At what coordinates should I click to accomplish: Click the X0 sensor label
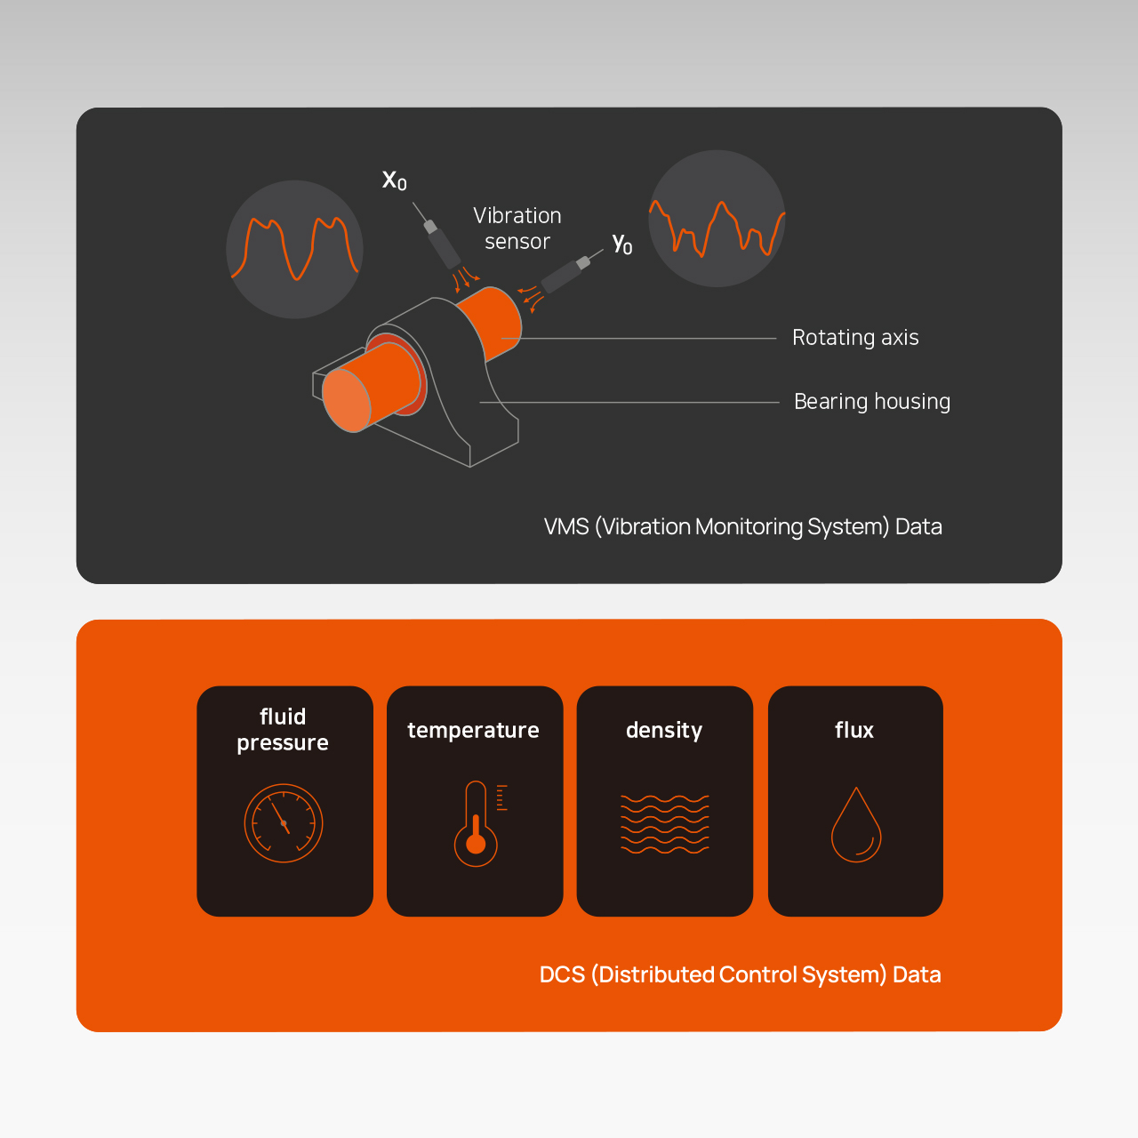pyautogui.click(x=394, y=180)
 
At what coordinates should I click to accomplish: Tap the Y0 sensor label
pyautogui.click(x=621, y=243)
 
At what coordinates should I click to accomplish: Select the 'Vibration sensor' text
pyautogui.click(x=517, y=228)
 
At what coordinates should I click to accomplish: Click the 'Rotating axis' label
pyautogui.click(x=855, y=337)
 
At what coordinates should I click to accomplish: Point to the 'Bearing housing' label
pyautogui.click(x=871, y=401)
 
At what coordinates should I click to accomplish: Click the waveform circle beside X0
pyautogui.click(x=294, y=249)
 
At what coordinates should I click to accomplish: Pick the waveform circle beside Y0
pyautogui.click(x=717, y=219)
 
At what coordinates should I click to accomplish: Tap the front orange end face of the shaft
pyautogui.click(x=347, y=400)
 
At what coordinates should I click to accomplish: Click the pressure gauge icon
pyautogui.click(x=284, y=822)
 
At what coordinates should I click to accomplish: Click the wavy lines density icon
pyautogui.click(x=664, y=824)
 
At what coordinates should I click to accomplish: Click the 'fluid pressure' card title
pyautogui.click(x=283, y=729)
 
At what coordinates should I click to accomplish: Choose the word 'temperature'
pyautogui.click(x=473, y=731)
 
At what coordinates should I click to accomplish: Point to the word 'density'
pyautogui.click(x=664, y=731)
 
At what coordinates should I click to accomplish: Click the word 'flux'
pyautogui.click(x=853, y=730)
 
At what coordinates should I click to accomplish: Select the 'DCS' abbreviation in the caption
pyautogui.click(x=562, y=974)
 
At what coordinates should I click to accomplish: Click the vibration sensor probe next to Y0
pyautogui.click(x=565, y=275)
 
